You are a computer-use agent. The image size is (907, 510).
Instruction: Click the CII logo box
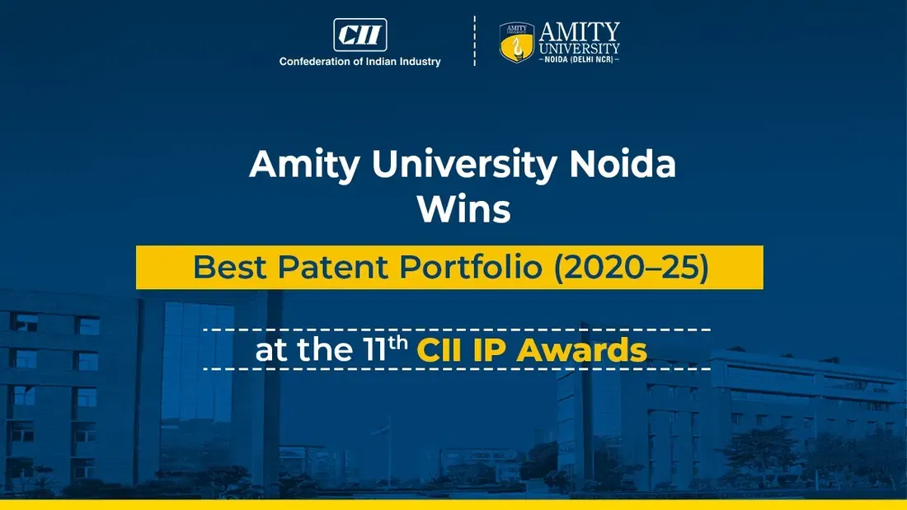click(x=360, y=35)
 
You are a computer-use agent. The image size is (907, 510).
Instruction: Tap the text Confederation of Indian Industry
click(x=360, y=61)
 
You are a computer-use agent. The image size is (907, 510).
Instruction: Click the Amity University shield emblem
click(x=516, y=42)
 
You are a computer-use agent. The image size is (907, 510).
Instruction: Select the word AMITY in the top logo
click(x=579, y=32)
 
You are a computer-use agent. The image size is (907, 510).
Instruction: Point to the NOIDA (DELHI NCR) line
click(x=579, y=59)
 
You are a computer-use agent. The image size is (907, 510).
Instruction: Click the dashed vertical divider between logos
click(x=474, y=40)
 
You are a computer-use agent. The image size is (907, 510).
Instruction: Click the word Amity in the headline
click(x=305, y=165)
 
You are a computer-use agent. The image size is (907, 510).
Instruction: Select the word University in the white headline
click(x=464, y=165)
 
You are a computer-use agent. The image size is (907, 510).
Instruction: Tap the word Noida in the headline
click(x=623, y=164)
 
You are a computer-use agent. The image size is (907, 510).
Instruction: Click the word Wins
click(x=464, y=208)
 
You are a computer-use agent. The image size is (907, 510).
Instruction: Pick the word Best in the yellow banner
click(x=230, y=267)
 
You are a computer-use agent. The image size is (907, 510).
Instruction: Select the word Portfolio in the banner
click(x=471, y=267)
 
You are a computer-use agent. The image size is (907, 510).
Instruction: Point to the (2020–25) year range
click(x=631, y=267)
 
